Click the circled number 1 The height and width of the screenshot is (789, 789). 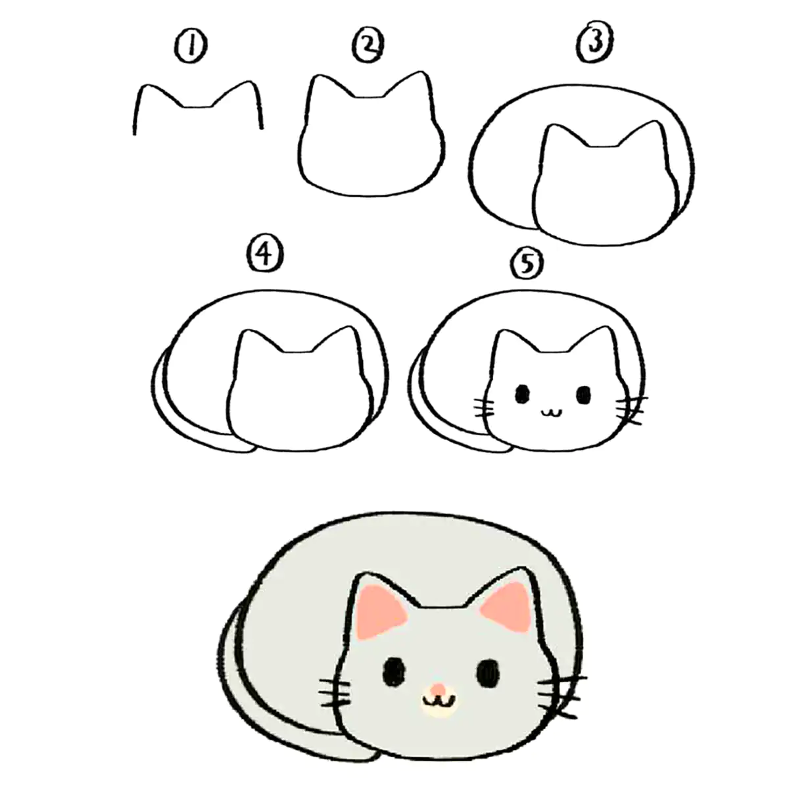click(x=191, y=47)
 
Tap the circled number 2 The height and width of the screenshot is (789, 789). click(x=368, y=46)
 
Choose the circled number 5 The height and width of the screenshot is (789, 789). click(x=527, y=264)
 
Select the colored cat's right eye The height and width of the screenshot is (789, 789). click(x=489, y=674)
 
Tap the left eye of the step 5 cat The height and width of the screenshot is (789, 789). click(x=522, y=394)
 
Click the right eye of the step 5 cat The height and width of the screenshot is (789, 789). click(x=583, y=394)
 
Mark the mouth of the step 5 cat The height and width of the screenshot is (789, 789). click(x=552, y=411)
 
